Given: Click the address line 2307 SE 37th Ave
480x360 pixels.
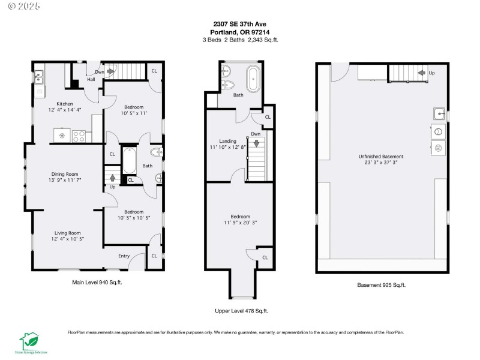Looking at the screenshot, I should click(x=240, y=25).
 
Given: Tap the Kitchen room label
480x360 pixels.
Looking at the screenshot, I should click(x=65, y=104).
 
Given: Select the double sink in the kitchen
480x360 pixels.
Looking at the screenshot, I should click(x=38, y=77).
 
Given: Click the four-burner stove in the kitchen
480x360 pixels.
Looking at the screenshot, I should click(x=79, y=136).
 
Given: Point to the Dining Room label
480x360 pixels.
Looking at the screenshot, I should click(x=65, y=174).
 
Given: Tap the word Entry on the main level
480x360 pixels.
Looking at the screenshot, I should click(x=124, y=256).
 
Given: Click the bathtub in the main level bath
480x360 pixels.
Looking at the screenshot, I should click(x=130, y=161).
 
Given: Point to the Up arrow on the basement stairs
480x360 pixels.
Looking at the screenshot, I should click(x=422, y=73).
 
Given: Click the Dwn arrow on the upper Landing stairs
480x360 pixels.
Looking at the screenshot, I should click(x=256, y=143).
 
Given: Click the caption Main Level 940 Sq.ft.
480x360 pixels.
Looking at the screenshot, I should click(x=97, y=281).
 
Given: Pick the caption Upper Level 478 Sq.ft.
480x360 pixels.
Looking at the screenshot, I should click(x=241, y=311).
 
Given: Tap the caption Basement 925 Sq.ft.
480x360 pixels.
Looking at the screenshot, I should click(x=382, y=285).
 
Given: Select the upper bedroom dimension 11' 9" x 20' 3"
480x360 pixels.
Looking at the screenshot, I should click(x=240, y=223).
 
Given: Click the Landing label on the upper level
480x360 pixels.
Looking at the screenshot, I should click(x=228, y=140).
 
